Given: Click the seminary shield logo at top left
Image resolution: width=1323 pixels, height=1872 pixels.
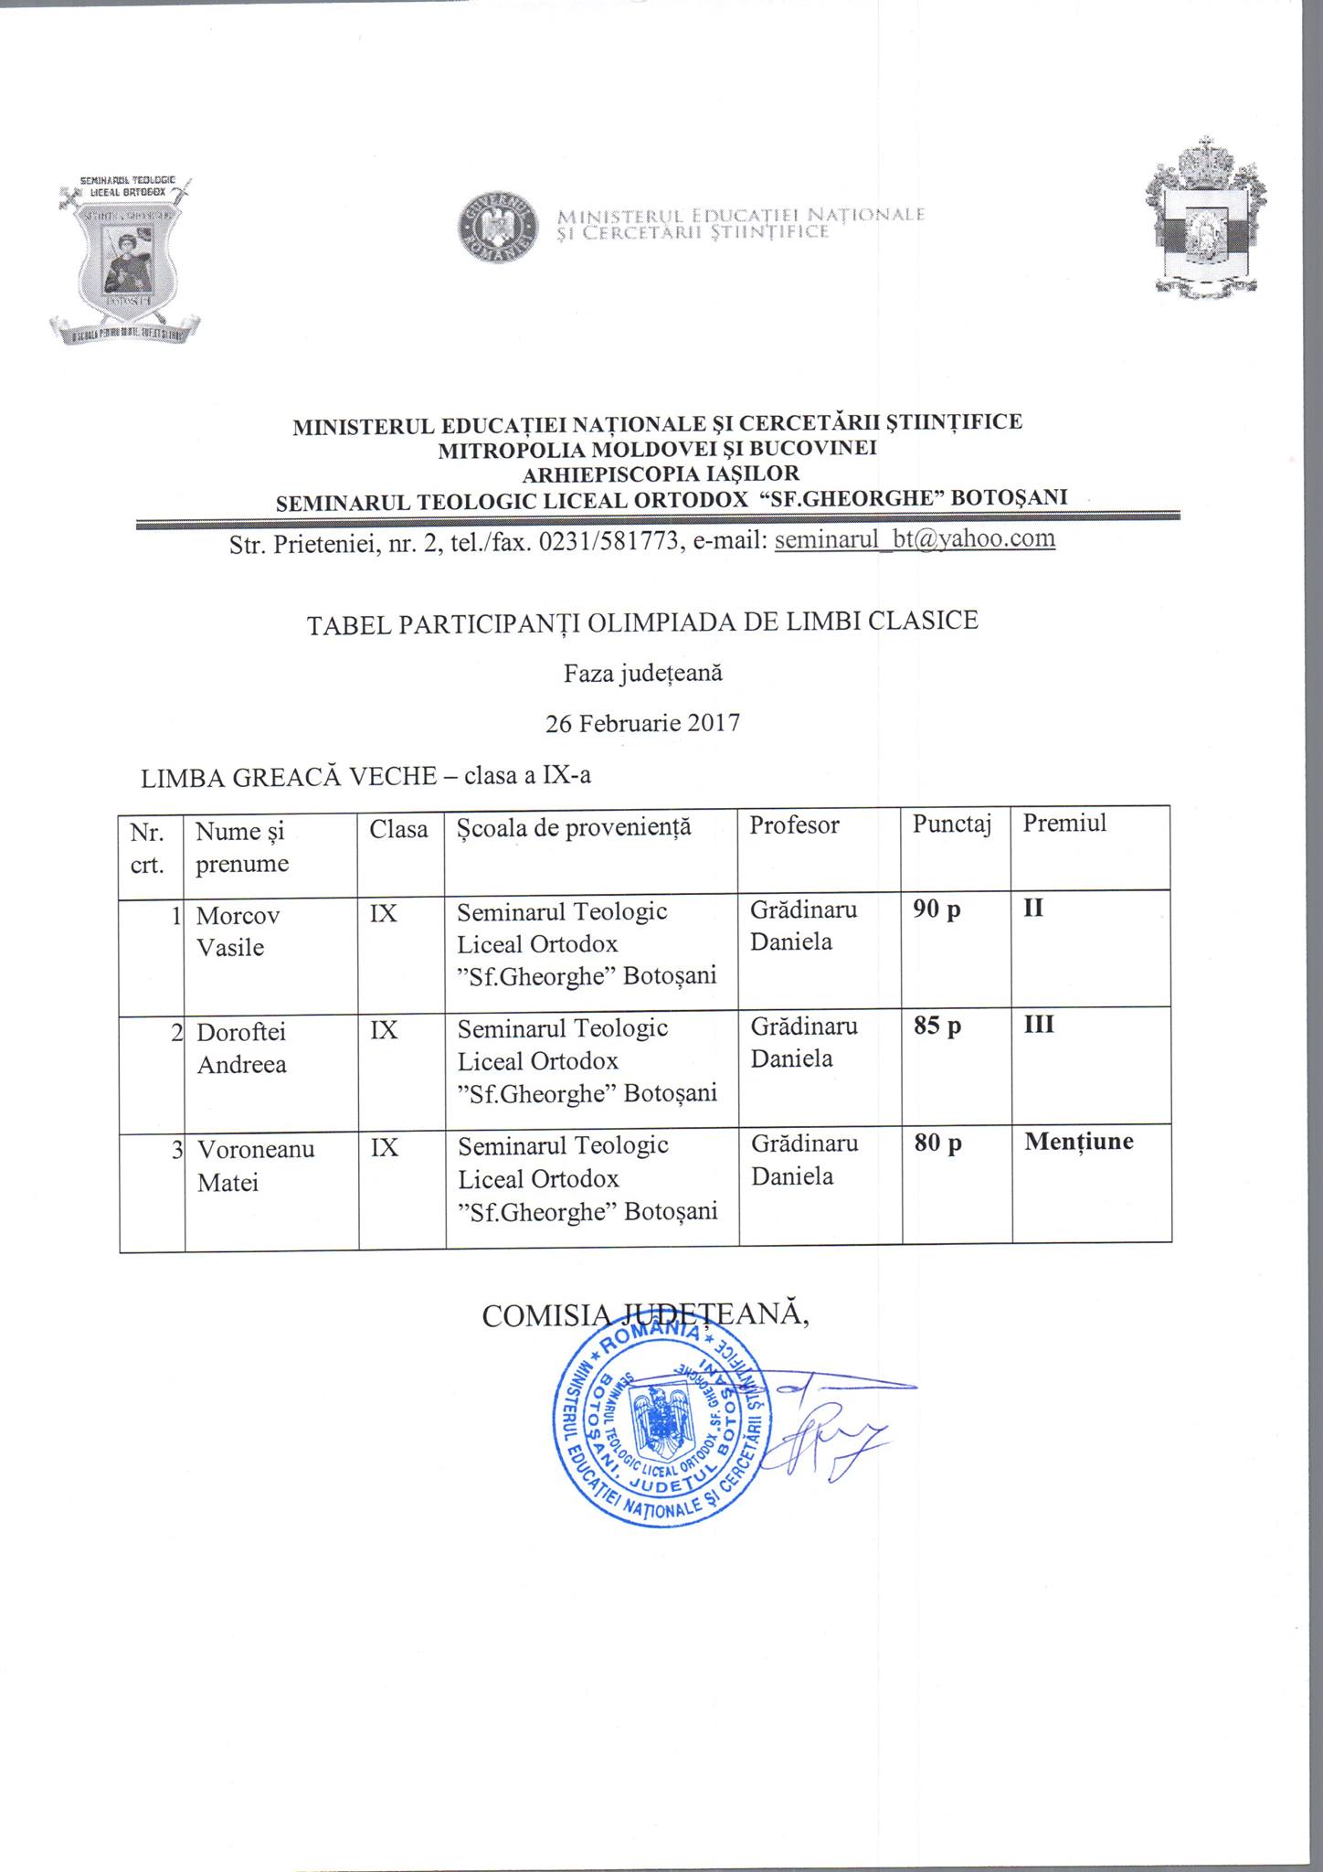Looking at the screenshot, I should (x=125, y=259).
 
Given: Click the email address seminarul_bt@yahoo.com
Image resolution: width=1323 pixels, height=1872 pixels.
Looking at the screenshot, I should (x=915, y=539).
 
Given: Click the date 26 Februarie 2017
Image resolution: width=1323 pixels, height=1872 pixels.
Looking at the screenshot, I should (x=642, y=724).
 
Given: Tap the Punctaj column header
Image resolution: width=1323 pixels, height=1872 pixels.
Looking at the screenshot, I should (x=951, y=824).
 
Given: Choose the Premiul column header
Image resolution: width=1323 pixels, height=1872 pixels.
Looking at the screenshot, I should (x=1064, y=824).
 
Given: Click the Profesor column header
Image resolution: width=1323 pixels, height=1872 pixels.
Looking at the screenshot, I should (x=794, y=824).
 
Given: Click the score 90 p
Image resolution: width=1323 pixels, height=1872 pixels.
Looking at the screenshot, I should (x=937, y=910).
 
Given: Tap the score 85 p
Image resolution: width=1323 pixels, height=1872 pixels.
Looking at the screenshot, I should (x=937, y=1026).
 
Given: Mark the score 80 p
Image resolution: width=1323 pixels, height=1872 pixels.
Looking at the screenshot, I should (x=937, y=1143).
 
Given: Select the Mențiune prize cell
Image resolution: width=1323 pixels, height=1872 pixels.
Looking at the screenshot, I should (x=1079, y=1142).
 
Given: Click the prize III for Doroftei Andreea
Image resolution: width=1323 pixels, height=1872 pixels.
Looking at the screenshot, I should (x=1039, y=1026).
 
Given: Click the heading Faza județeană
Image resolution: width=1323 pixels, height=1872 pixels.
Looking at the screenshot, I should (x=642, y=674).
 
